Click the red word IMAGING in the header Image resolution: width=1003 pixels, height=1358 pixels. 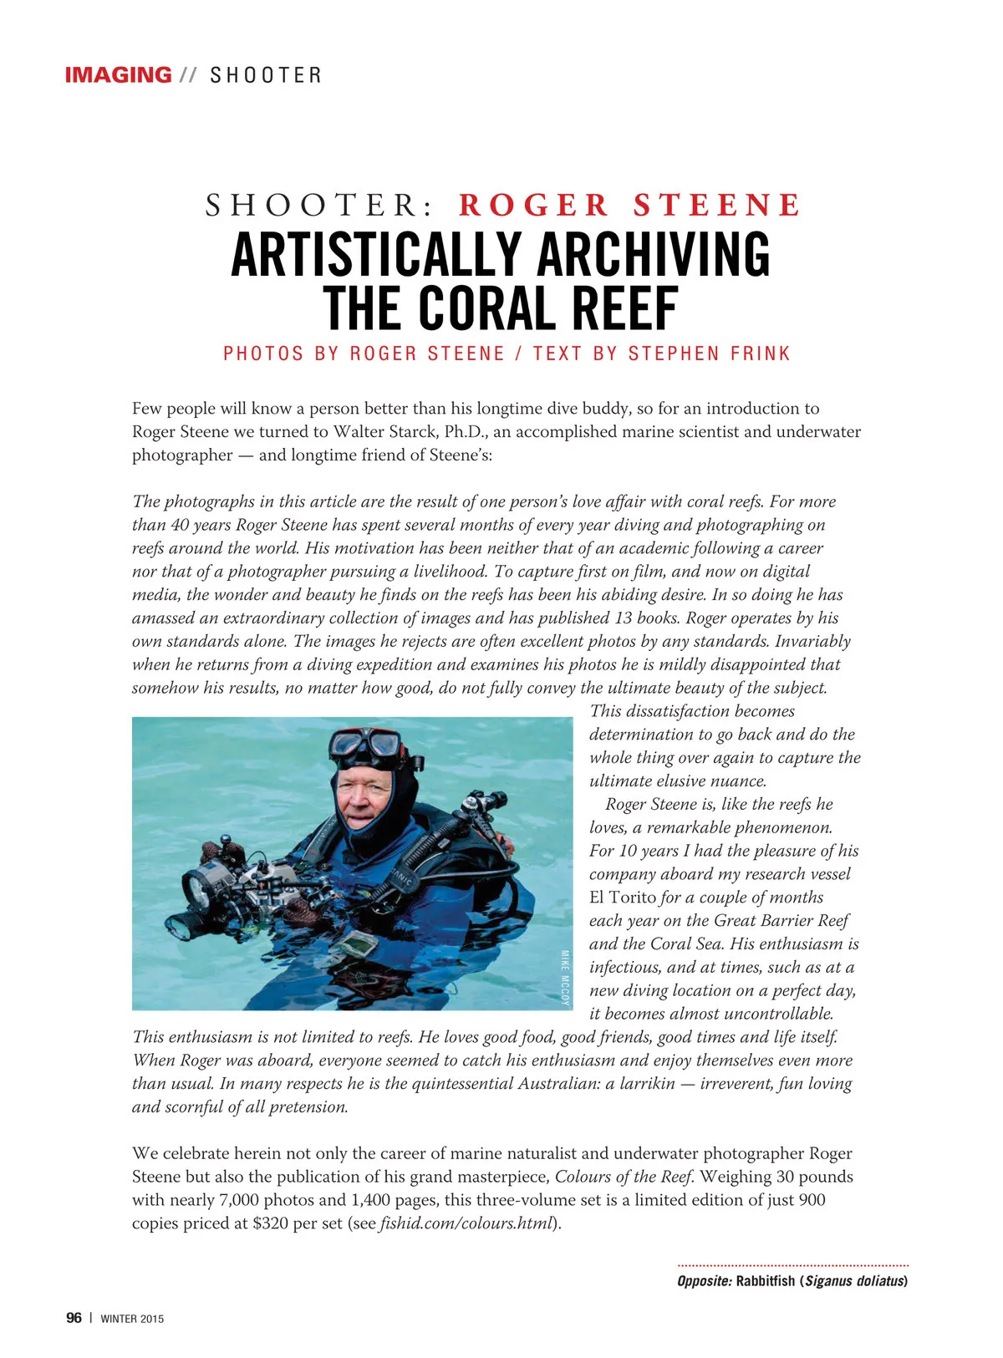pyautogui.click(x=118, y=75)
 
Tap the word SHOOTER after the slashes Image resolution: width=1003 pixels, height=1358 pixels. pyautogui.click(x=265, y=76)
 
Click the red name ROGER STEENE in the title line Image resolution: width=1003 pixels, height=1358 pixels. pyautogui.click(x=629, y=206)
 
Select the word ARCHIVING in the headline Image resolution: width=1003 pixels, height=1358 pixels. pyautogui.click(x=654, y=255)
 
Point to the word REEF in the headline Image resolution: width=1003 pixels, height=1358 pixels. pyautogui.click(x=624, y=309)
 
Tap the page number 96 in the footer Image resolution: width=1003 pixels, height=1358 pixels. pyautogui.click(x=74, y=1318)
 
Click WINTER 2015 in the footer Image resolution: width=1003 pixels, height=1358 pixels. pyautogui.click(x=132, y=1319)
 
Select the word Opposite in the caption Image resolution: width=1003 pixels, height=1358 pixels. pyautogui.click(x=705, y=1281)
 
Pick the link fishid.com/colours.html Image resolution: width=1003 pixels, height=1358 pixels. pyautogui.click(x=466, y=1223)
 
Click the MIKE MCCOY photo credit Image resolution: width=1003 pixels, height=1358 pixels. pyautogui.click(x=565, y=979)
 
